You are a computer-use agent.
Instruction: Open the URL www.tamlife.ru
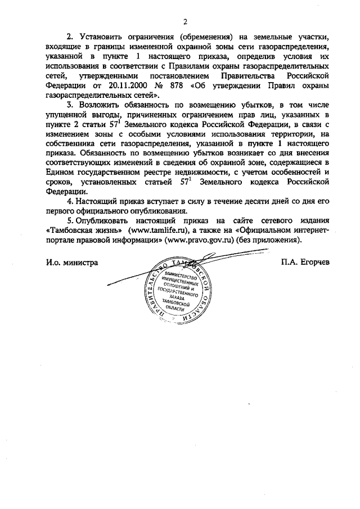(159, 231)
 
